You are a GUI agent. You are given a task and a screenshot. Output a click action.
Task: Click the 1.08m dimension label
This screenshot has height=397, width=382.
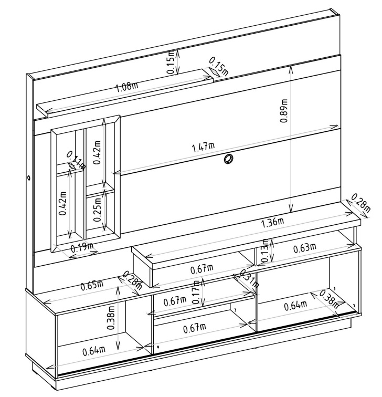pos(127,87)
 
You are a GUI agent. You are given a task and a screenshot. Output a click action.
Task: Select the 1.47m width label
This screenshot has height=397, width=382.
pos(204,147)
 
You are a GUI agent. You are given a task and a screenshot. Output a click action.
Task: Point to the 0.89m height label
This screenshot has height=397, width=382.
pos(284,111)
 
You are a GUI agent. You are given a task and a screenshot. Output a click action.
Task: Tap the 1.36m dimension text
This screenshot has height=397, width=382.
pos(272,223)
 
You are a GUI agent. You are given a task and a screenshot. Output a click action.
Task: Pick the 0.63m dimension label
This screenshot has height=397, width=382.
pos(304,248)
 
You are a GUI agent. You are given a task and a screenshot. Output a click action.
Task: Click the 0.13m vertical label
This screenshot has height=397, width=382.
pos(266,250)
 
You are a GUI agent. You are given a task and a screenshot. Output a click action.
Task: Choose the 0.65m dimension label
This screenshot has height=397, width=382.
pos(92,285)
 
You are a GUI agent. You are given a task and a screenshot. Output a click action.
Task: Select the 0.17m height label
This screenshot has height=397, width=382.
pos(197,292)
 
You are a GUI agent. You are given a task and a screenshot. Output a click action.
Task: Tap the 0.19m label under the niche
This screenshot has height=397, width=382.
pos(82,248)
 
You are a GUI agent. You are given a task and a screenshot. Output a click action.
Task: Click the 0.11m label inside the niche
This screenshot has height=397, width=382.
pos(76,161)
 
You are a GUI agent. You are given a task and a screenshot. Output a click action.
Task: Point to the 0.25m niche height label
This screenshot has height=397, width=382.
pos(97,210)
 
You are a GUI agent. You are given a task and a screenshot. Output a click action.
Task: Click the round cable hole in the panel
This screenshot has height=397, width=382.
pos(228,159)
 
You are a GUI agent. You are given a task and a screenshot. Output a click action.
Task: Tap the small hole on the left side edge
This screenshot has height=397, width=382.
pos(28,177)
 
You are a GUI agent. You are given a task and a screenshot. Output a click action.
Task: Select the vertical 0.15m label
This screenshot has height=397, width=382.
pos(171,62)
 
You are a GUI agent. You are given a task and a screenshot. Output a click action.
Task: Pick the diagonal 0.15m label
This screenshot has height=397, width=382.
pos(219,67)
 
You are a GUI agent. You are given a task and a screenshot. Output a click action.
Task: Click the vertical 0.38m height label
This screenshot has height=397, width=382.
pos(111,318)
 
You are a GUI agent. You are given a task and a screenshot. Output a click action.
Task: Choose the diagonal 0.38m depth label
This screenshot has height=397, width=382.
pos(329,299)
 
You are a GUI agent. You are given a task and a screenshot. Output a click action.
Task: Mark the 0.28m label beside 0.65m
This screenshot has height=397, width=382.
pos(133,280)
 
